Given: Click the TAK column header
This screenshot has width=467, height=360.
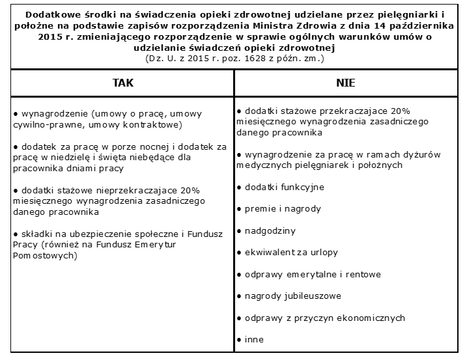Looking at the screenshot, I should pyautogui.click(x=122, y=83).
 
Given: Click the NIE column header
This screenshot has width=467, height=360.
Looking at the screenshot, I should pyautogui.click(x=346, y=83).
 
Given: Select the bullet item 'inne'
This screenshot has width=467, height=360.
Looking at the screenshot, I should pyautogui.click(x=254, y=339).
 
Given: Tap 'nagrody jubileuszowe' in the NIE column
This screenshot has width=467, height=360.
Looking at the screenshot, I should pyautogui.click(x=292, y=296).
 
